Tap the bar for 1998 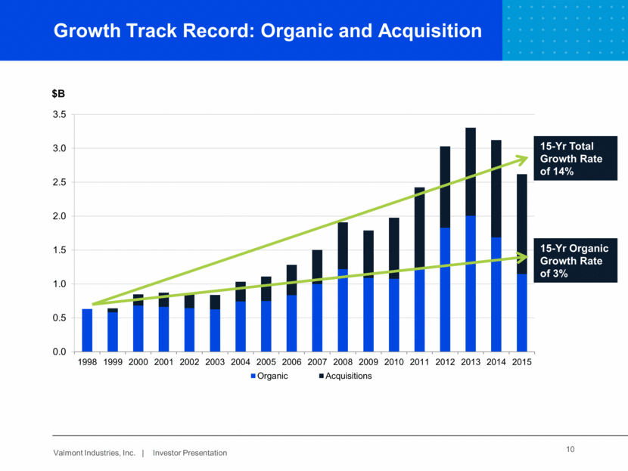pyautogui.click(x=87, y=330)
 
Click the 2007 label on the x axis pyautogui.click(x=317, y=362)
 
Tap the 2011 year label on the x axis pyautogui.click(x=419, y=362)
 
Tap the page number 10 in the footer pyautogui.click(x=570, y=451)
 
